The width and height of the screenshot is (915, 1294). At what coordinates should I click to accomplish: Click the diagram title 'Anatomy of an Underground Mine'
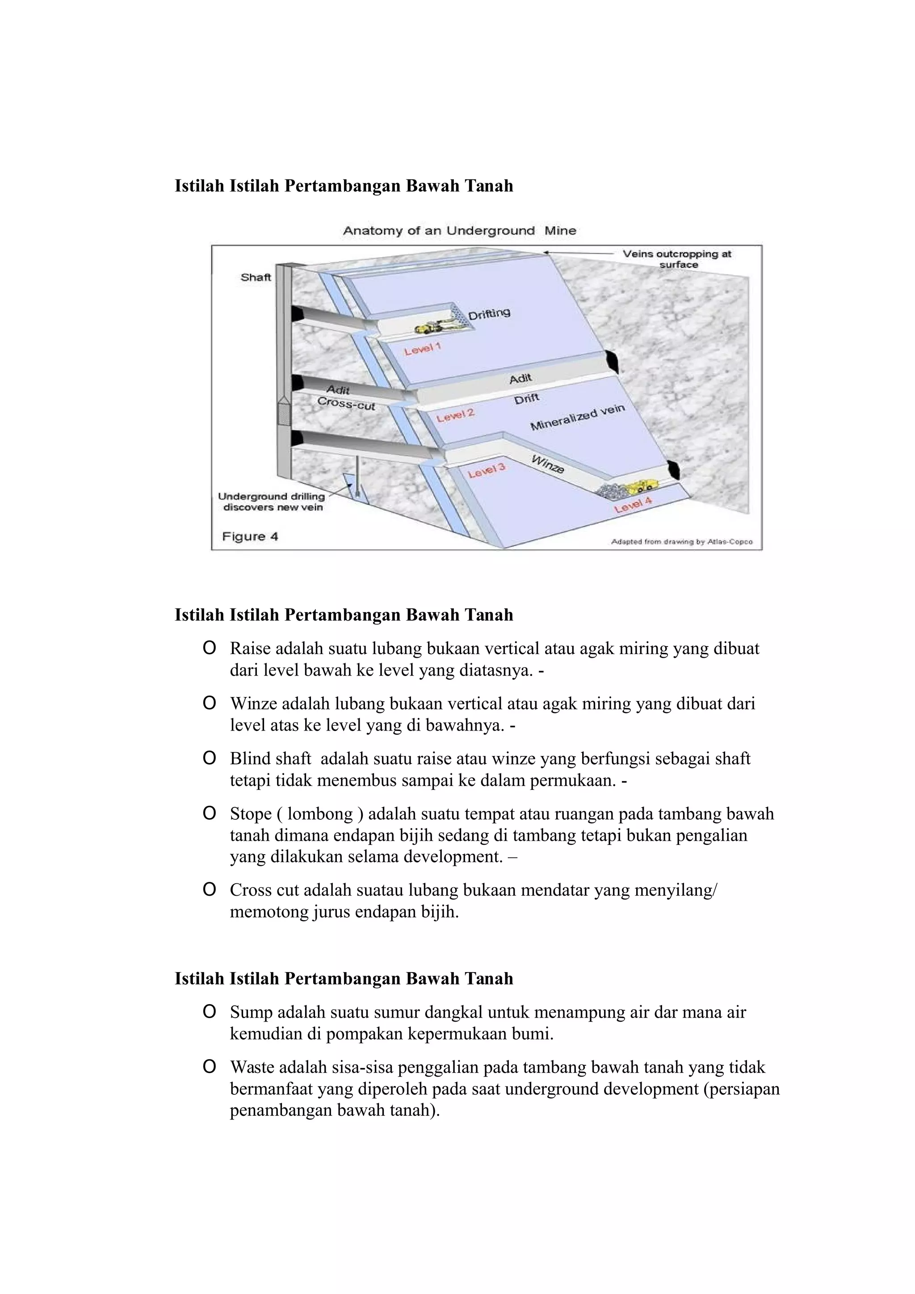click(x=459, y=230)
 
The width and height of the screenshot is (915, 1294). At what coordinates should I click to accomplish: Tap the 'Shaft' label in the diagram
click(x=256, y=277)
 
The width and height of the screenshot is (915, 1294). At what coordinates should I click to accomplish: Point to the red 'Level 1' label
click(x=422, y=349)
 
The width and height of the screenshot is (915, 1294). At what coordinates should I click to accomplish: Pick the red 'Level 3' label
click(x=487, y=471)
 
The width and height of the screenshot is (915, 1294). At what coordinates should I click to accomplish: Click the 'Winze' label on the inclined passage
click(x=547, y=464)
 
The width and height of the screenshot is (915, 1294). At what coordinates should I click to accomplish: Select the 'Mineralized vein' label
click(x=577, y=417)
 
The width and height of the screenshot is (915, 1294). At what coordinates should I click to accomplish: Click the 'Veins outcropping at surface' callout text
click(x=676, y=259)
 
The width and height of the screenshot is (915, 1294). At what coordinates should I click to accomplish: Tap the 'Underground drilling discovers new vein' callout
click(x=272, y=501)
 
